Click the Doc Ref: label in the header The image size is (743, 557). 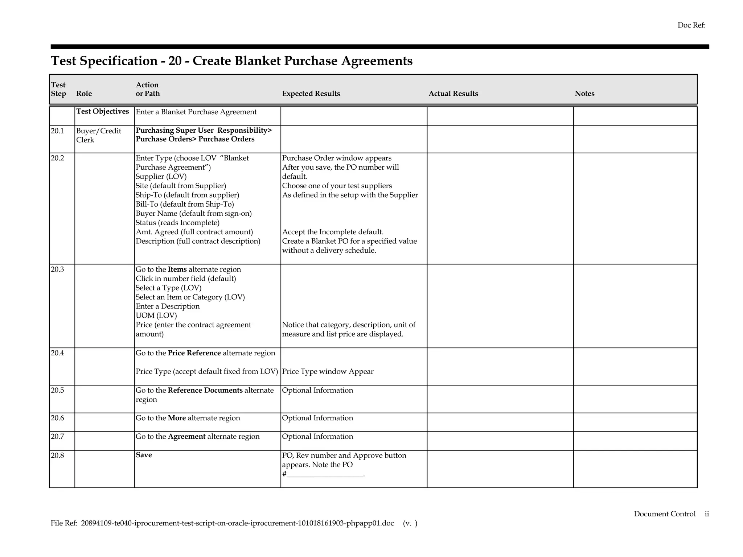[691, 25]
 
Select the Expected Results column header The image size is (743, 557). [311, 94]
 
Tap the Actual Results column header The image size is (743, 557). [453, 94]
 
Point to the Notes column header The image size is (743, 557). [584, 94]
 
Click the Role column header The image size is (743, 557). [84, 94]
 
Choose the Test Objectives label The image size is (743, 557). [103, 111]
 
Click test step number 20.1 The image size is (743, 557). [57, 131]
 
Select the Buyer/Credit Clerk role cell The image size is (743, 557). [98, 135]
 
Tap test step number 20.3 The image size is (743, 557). [57, 269]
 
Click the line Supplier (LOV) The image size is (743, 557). [161, 177]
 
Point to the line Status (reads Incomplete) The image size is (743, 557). [177, 223]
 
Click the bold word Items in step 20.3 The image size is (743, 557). [177, 269]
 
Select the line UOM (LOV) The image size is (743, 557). [156, 315]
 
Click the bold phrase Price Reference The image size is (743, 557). [194, 353]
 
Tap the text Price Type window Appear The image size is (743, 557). [328, 372]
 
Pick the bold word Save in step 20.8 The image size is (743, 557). [144, 455]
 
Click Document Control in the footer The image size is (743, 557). [664, 514]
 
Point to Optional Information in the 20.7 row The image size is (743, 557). [317, 437]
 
